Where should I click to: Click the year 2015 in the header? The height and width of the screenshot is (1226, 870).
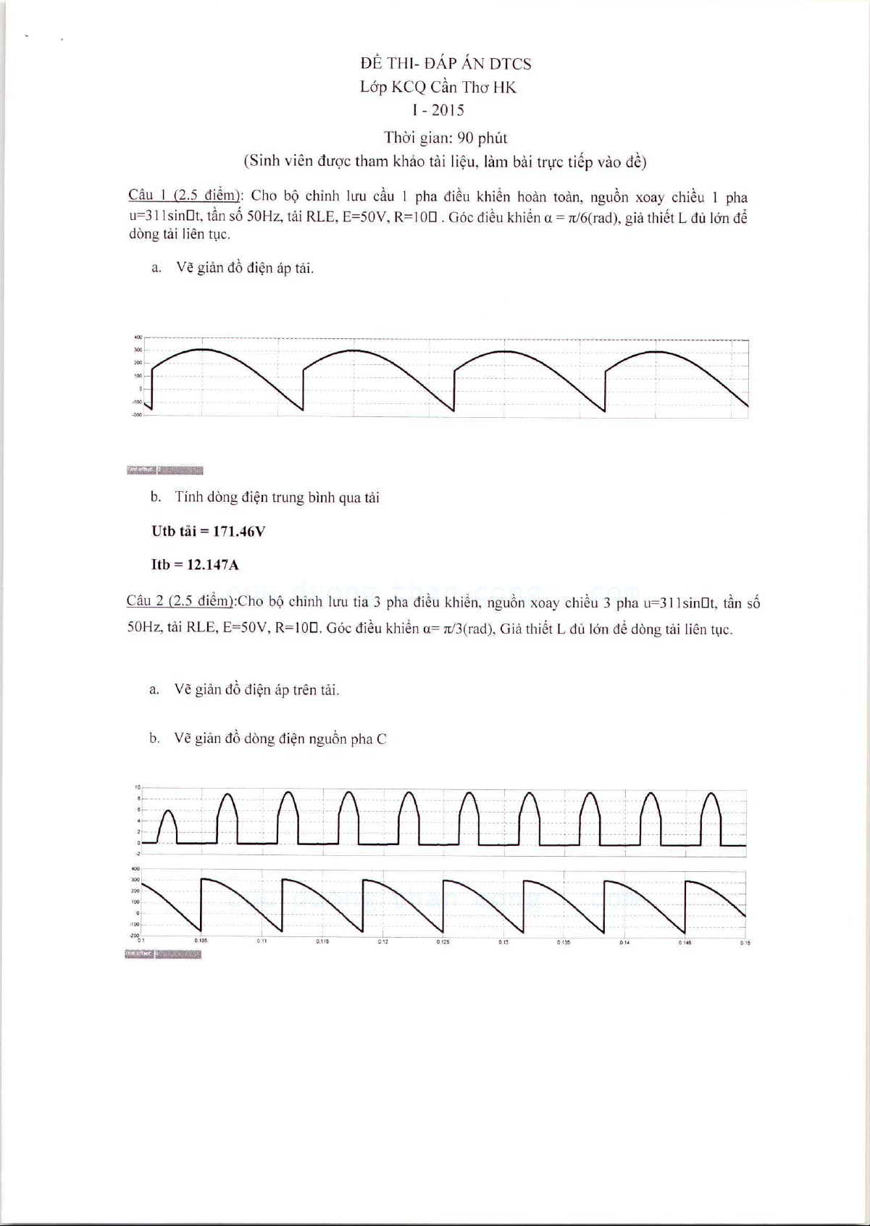448,111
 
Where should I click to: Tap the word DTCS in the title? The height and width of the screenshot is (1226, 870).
510,64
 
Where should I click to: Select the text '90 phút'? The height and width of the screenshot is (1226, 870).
482,138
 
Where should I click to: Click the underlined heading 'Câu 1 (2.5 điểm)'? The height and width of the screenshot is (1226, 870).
184,195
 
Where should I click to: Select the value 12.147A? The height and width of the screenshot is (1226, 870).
212,565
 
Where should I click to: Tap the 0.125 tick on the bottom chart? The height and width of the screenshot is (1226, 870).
443,942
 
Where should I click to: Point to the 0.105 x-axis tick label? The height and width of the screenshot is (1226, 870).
201,941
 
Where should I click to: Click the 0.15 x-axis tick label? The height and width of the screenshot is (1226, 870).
745,943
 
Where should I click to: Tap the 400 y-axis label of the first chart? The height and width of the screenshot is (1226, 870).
138,337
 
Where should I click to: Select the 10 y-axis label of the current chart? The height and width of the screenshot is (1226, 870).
137,787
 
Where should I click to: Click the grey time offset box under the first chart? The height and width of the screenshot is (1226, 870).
164,471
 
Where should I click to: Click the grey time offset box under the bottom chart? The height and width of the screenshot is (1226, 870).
162,954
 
